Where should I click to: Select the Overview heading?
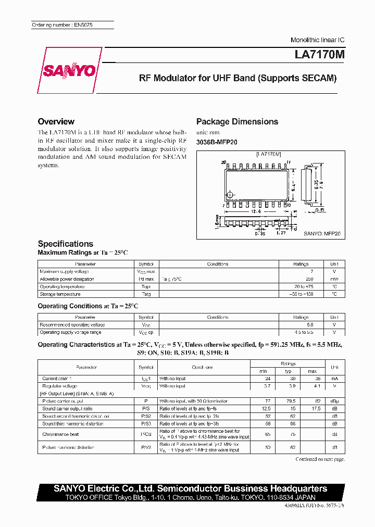point(56,121)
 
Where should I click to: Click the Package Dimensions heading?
point(237,121)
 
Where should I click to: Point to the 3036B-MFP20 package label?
point(217,142)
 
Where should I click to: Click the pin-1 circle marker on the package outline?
point(230,195)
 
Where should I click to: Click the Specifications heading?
point(66,244)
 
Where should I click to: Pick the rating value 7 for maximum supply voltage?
point(312,271)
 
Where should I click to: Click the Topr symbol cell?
point(146,286)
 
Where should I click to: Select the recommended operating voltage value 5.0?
point(310,324)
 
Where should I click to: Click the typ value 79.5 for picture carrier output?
point(287,401)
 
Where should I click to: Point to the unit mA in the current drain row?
point(334,379)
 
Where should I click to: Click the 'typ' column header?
point(288,371)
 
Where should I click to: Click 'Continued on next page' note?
point(320,459)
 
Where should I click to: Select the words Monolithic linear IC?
point(317,40)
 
